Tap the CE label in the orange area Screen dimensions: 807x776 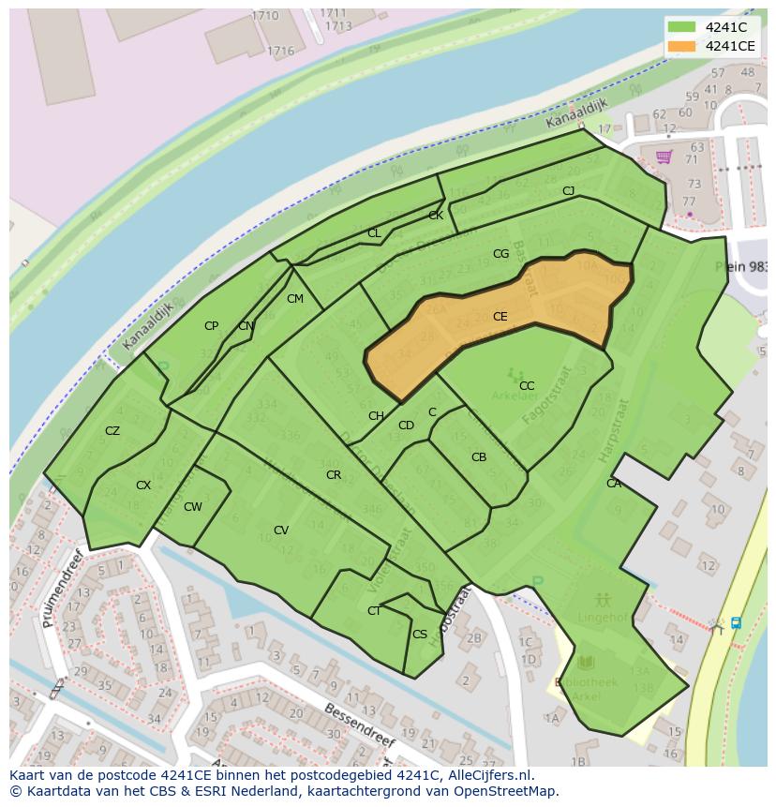pos(500,317)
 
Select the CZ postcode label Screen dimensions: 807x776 pos(112,431)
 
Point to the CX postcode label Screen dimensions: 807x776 pos(143,486)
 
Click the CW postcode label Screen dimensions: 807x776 pos(193,507)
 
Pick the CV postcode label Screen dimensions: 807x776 pos(281,531)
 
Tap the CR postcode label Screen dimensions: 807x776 pos(334,475)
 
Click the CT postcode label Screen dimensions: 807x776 pos(374,611)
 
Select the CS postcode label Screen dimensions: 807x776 pos(420,635)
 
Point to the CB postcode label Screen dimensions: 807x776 pos(479,457)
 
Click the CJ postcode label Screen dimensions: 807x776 pos(568,191)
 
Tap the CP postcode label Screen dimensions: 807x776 pos(211,326)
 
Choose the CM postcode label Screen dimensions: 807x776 pos(295,299)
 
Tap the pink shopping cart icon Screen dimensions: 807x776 pos(664,157)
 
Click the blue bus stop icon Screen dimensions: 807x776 pos(736,622)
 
